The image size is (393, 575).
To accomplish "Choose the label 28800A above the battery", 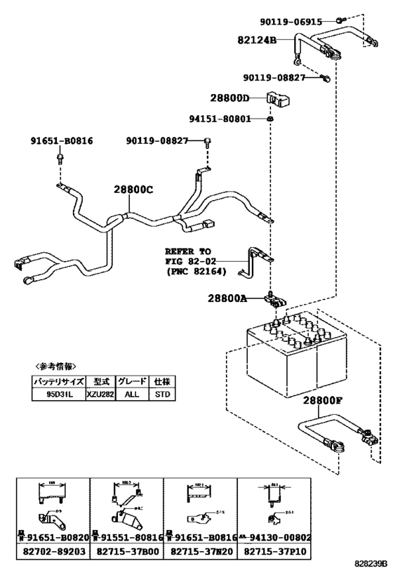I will point(227,298).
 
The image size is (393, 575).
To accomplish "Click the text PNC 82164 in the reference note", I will point(196,270).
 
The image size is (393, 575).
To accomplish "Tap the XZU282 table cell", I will point(100,394).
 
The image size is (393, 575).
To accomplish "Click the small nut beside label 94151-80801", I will point(270,120).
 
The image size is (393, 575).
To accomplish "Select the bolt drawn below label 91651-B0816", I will point(60,159).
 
